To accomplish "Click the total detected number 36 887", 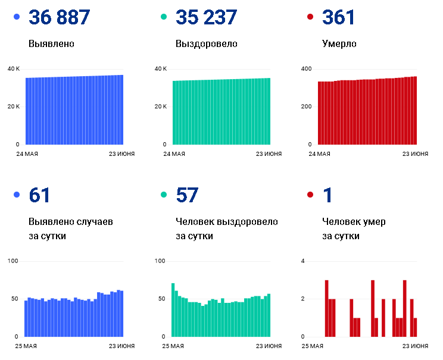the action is point(59,17).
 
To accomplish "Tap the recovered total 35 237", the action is point(206,17).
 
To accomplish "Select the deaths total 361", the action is point(338,17).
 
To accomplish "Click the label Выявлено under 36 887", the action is point(51,44).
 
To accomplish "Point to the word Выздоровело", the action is point(207,44).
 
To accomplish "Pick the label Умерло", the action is point(339,44).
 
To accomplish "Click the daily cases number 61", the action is point(39,195).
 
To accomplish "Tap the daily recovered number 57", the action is point(187,195).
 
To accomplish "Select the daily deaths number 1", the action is point(327,195).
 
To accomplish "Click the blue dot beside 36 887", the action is point(17,17).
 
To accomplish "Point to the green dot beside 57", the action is point(164,195).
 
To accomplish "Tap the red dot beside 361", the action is point(310,17).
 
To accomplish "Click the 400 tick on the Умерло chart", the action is point(306,69).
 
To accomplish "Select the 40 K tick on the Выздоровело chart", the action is point(161,69).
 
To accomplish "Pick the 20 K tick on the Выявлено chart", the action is point(14,107).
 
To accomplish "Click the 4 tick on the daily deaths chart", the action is point(302,261).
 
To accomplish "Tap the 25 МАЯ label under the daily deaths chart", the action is point(312,346).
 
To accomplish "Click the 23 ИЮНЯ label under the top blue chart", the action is point(122,154).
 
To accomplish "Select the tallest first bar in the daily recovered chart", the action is point(173,310).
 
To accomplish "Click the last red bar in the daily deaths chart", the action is point(416,327).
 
